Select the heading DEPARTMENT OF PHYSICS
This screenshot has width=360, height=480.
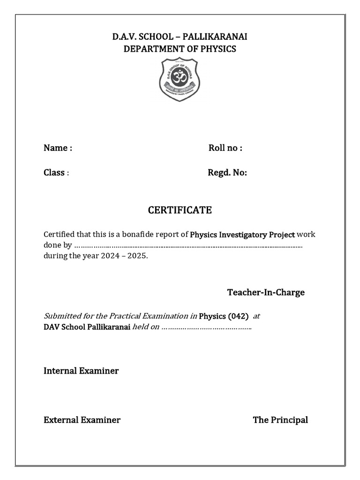pos(180,49)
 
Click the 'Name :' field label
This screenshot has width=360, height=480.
pos(58,148)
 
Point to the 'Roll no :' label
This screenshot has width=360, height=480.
pos(225,148)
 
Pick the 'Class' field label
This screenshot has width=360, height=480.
pos(54,172)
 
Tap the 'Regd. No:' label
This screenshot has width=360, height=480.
pos(227,172)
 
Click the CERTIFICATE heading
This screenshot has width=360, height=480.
pos(180,210)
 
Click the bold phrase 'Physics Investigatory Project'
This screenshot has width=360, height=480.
pos(242,234)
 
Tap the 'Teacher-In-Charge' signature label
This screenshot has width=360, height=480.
pos(266,292)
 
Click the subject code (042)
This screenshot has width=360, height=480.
pos(238,316)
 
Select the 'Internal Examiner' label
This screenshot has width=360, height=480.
pos(81,371)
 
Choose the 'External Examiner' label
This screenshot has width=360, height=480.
pos(82,420)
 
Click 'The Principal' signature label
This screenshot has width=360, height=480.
pos(280,420)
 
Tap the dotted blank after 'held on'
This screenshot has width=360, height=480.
pos(207,327)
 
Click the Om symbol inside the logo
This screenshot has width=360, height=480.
pos(180,75)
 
